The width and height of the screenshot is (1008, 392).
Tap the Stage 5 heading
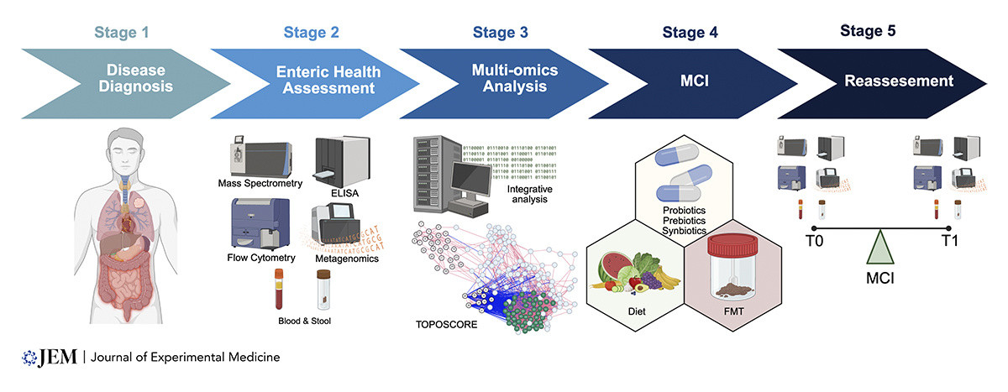[869, 32]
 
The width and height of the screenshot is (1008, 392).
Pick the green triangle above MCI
[879, 248]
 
